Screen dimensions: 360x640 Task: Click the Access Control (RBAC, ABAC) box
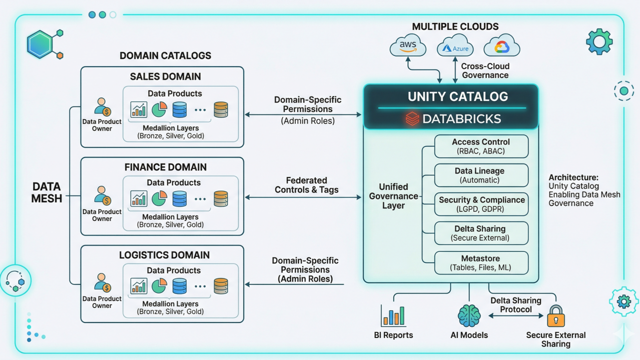(x=481, y=146)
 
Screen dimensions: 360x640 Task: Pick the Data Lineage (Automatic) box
(x=481, y=175)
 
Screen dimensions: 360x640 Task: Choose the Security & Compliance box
(x=481, y=204)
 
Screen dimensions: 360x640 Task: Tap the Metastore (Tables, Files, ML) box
(x=481, y=263)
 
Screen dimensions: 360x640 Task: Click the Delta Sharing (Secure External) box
(x=481, y=233)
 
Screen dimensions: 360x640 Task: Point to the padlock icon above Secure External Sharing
(x=555, y=316)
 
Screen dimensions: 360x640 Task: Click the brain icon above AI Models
(x=469, y=315)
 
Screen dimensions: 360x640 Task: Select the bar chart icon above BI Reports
(x=393, y=315)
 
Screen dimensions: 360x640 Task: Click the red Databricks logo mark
(x=412, y=119)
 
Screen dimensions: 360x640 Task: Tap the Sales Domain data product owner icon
(x=102, y=107)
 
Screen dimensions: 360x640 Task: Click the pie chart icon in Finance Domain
(x=159, y=198)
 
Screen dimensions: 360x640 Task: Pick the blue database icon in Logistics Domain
(x=179, y=286)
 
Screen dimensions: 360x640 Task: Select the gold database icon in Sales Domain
(x=221, y=109)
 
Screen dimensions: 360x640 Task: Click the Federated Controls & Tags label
(x=307, y=185)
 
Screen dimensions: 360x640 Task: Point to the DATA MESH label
(x=47, y=192)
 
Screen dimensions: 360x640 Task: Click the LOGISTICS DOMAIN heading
(x=164, y=255)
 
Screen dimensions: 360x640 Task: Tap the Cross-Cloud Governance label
(x=485, y=70)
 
